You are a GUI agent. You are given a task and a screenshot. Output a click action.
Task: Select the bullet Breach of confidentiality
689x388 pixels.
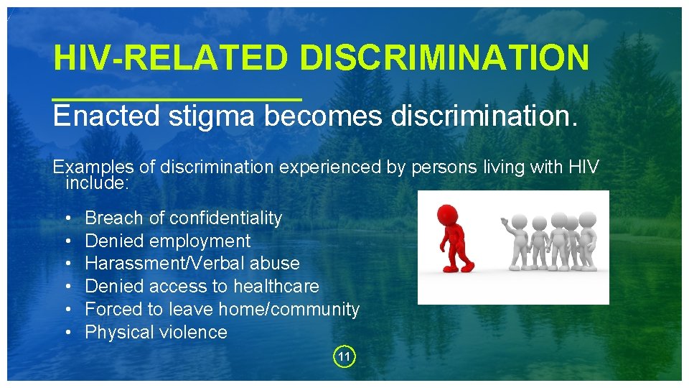(183, 218)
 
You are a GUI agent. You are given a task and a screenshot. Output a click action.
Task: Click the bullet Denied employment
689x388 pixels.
(167, 241)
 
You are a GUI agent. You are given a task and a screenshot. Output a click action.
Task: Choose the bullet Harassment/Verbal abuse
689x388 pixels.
(192, 264)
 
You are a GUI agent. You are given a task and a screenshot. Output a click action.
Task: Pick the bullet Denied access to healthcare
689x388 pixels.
(202, 286)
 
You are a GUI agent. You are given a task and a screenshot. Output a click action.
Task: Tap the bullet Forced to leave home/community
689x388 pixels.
(222, 309)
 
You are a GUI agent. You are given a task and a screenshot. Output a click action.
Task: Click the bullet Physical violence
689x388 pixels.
(156, 332)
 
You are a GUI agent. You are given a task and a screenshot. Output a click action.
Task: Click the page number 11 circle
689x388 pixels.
(344, 356)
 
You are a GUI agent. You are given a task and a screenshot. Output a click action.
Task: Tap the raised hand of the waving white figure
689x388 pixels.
(505, 221)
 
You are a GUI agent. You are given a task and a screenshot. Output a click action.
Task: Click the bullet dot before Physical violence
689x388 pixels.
(67, 332)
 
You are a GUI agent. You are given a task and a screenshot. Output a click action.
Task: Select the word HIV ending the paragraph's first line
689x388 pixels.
(583, 167)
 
